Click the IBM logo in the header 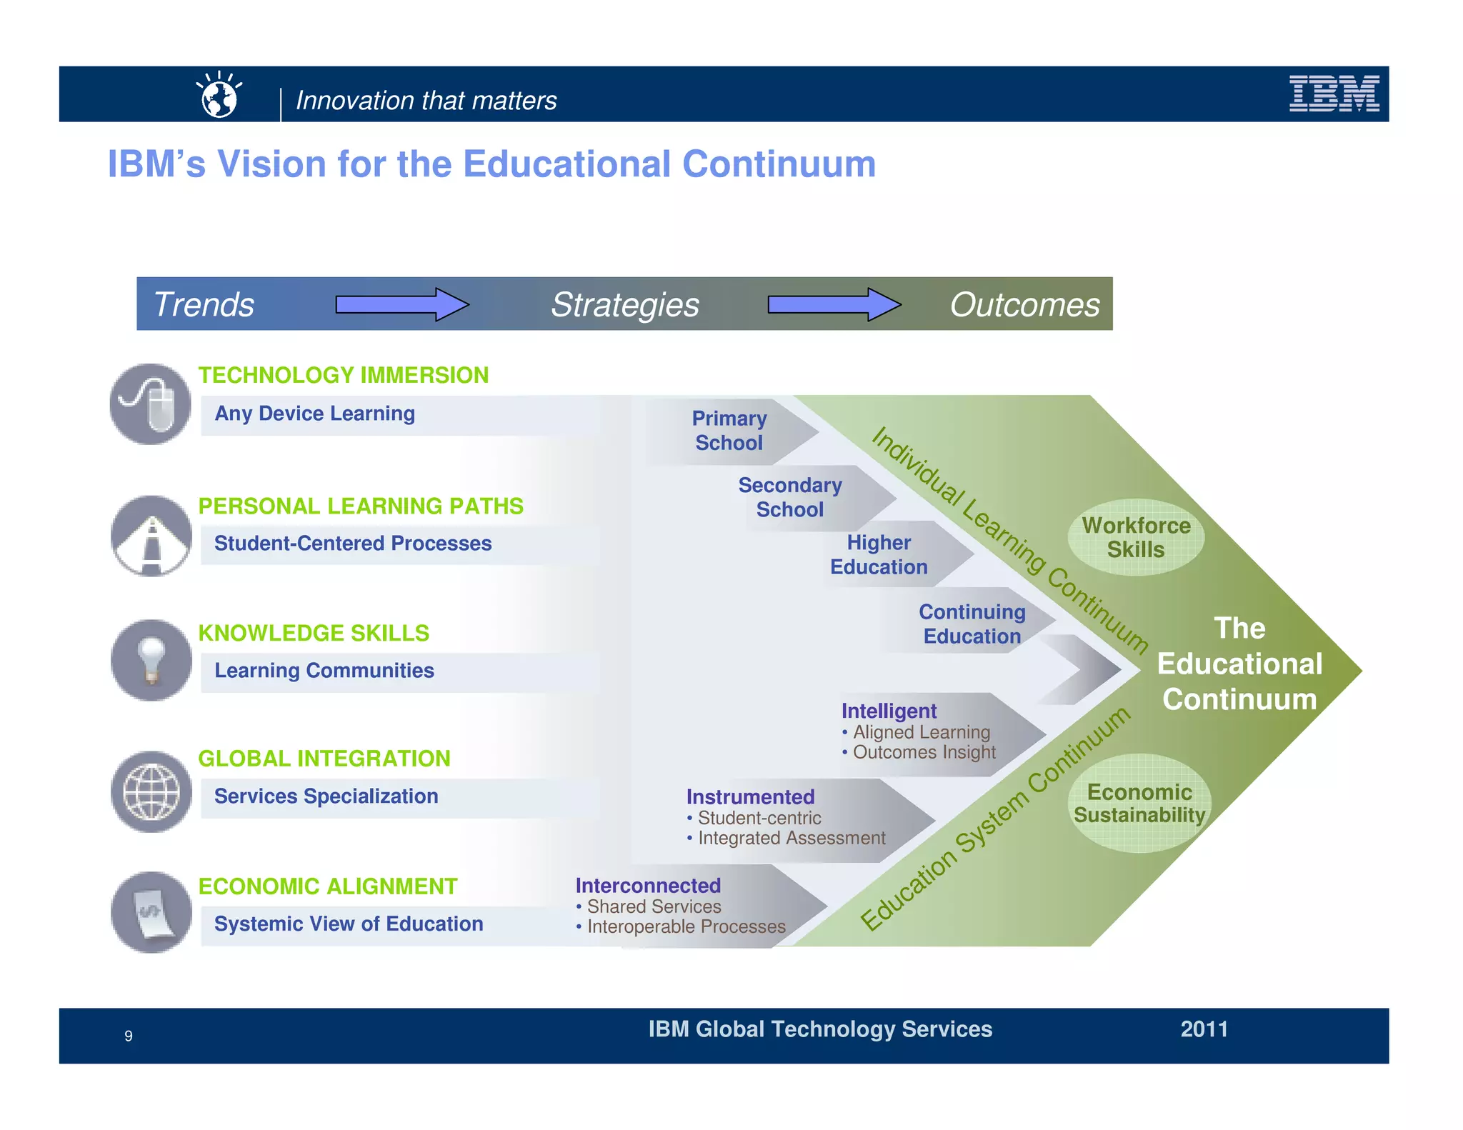[1333, 94]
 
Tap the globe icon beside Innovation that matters [219, 96]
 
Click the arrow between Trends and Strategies [402, 305]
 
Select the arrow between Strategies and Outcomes [834, 305]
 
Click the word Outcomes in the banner [1024, 305]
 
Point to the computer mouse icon [151, 404]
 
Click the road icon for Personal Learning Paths [151, 536]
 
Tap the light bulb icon [151, 660]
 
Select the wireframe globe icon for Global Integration [151, 791]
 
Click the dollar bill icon [151, 912]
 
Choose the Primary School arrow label [729, 431]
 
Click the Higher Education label [879, 555]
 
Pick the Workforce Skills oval [1136, 538]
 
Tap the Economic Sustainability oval [1139, 804]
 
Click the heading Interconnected [648, 886]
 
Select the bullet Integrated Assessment [791, 838]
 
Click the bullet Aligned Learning [921, 732]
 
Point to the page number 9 [129, 1036]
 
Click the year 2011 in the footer [1204, 1029]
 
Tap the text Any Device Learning [314, 414]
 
